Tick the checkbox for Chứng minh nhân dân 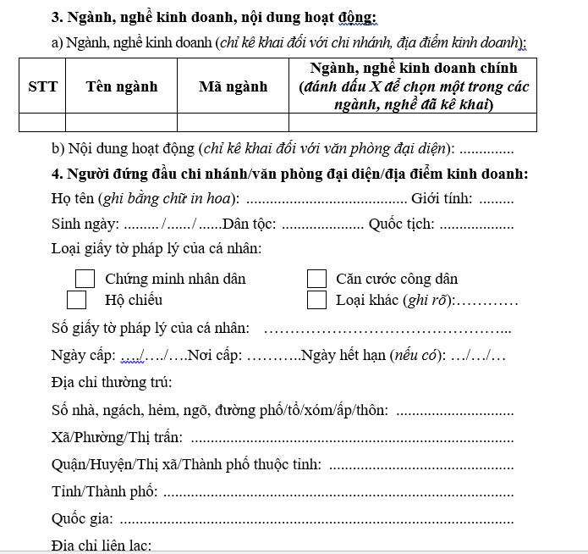(85, 279)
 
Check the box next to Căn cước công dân (316, 279)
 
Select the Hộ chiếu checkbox (77, 300)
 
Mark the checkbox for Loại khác (316, 300)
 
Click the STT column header (43, 86)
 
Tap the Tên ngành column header (121, 86)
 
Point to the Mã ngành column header (233, 86)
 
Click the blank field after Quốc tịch (477, 226)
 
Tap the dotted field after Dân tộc (322, 226)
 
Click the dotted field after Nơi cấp (273, 356)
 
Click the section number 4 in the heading (55, 175)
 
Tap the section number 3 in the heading (55, 17)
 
